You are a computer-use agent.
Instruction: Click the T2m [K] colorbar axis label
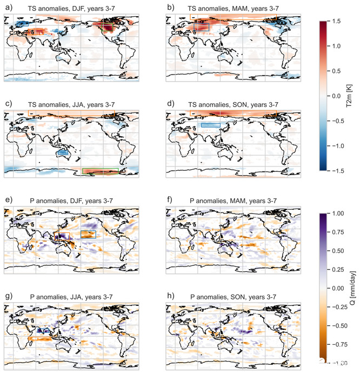[352, 96]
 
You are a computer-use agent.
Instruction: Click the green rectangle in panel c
[101, 171]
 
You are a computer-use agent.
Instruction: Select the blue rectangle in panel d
[210, 125]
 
